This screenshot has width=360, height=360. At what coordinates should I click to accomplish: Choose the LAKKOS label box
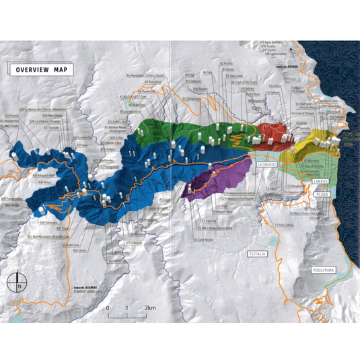tap(320, 181)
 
